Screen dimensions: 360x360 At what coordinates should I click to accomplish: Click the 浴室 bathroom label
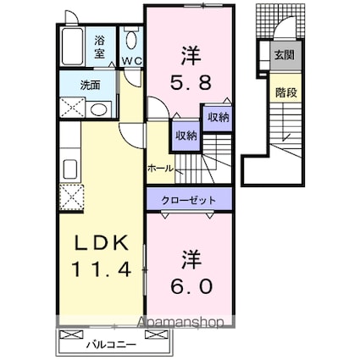(99, 45)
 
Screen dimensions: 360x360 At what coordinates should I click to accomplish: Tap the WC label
(132, 61)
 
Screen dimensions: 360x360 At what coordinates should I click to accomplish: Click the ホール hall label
(160, 169)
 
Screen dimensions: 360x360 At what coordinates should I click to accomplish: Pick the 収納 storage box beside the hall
(186, 135)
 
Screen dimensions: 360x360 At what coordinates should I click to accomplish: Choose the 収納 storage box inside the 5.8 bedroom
(217, 118)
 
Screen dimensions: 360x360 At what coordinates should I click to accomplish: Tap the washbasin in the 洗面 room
(99, 109)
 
